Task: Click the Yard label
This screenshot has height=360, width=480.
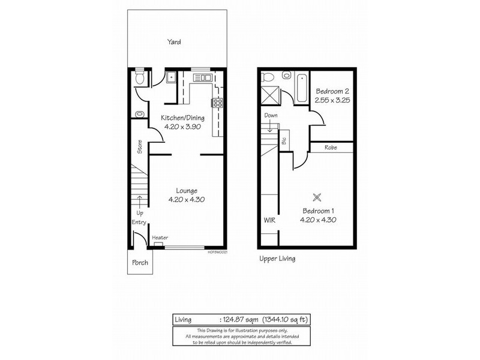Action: [174, 43]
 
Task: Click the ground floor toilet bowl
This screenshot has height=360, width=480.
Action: [140, 77]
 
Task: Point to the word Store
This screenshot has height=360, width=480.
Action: [139, 148]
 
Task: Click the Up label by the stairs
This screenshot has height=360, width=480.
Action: [139, 213]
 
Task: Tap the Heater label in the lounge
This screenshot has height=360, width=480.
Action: [160, 238]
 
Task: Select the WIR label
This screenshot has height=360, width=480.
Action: [269, 220]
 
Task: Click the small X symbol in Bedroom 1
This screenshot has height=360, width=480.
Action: [319, 196]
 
